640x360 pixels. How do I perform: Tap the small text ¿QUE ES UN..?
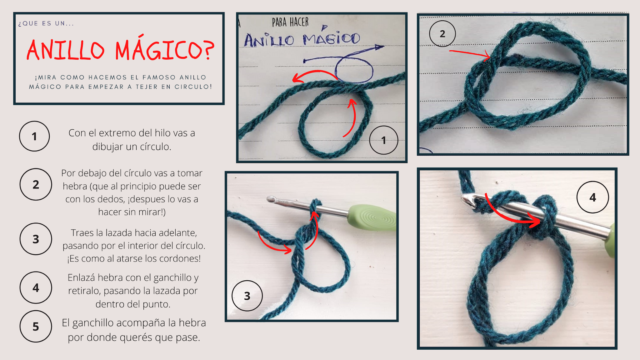click(46, 23)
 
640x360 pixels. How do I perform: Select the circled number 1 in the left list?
click(34, 136)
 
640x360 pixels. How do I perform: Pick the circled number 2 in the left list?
click(36, 184)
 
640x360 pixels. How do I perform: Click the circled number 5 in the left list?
click(36, 327)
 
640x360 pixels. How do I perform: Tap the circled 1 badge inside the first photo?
click(383, 140)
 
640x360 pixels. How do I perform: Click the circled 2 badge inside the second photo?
click(442, 34)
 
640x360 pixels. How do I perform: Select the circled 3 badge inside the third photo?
click(247, 296)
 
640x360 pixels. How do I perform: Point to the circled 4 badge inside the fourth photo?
click(592, 197)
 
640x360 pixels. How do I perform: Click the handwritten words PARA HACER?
click(290, 22)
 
